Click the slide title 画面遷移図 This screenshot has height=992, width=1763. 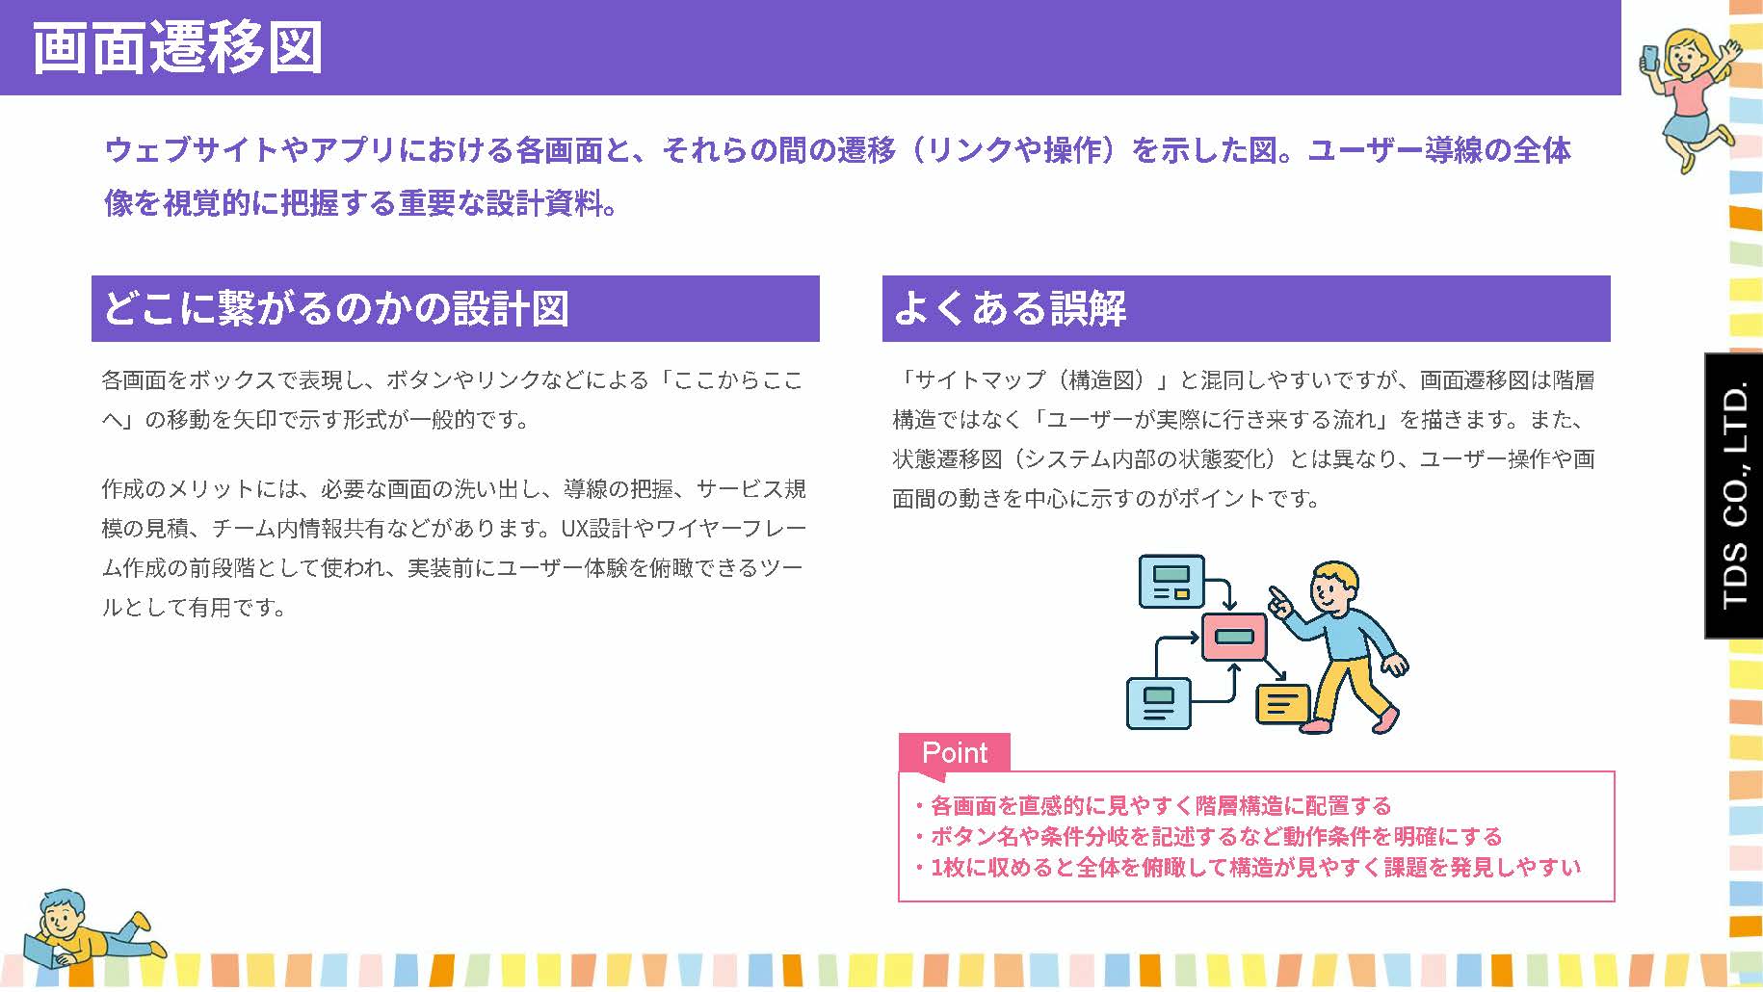[178, 48]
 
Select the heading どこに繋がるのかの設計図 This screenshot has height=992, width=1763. [335, 308]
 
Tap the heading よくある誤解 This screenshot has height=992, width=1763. [1010, 308]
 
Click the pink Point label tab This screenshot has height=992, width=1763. [954, 752]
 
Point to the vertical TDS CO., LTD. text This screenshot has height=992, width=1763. [1734, 496]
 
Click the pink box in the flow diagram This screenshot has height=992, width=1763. [1234, 637]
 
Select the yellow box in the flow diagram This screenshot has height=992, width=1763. [1283, 704]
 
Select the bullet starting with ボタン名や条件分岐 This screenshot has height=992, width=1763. [1209, 836]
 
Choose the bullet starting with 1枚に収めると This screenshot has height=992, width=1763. [1249, 867]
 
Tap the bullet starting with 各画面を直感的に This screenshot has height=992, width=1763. [1153, 805]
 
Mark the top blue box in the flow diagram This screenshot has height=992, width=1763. [1171, 581]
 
